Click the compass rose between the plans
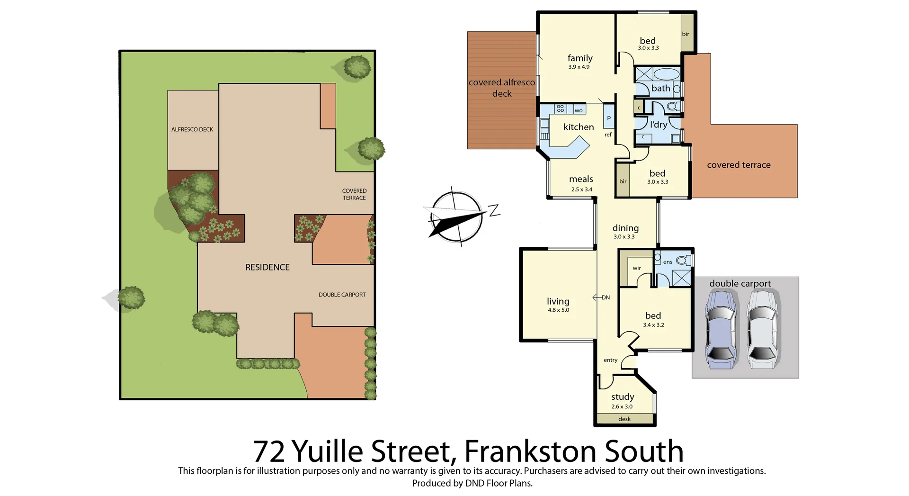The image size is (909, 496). click(x=457, y=216)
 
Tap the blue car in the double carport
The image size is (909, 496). click(x=721, y=330)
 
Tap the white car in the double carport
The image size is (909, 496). click(x=763, y=330)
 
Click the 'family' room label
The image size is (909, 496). click(x=580, y=58)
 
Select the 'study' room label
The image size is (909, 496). click(x=622, y=397)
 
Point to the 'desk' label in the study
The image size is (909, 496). click(x=624, y=419)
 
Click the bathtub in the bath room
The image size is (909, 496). click(x=666, y=74)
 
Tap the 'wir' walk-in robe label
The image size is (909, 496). click(x=636, y=268)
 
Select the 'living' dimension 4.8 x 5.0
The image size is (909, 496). click(x=558, y=310)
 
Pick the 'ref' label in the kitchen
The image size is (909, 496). click(x=608, y=135)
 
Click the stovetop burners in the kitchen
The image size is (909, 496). click(x=560, y=109)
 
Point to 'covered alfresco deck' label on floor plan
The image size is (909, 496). click(x=501, y=88)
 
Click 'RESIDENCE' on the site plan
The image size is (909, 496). click(x=267, y=268)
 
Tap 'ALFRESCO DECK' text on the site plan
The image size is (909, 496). click(x=192, y=129)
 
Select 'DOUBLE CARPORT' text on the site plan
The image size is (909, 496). click(x=342, y=295)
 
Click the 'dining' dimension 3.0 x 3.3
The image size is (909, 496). click(x=624, y=237)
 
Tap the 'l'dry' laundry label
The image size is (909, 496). click(x=658, y=125)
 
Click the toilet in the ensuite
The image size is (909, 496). click(x=682, y=260)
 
